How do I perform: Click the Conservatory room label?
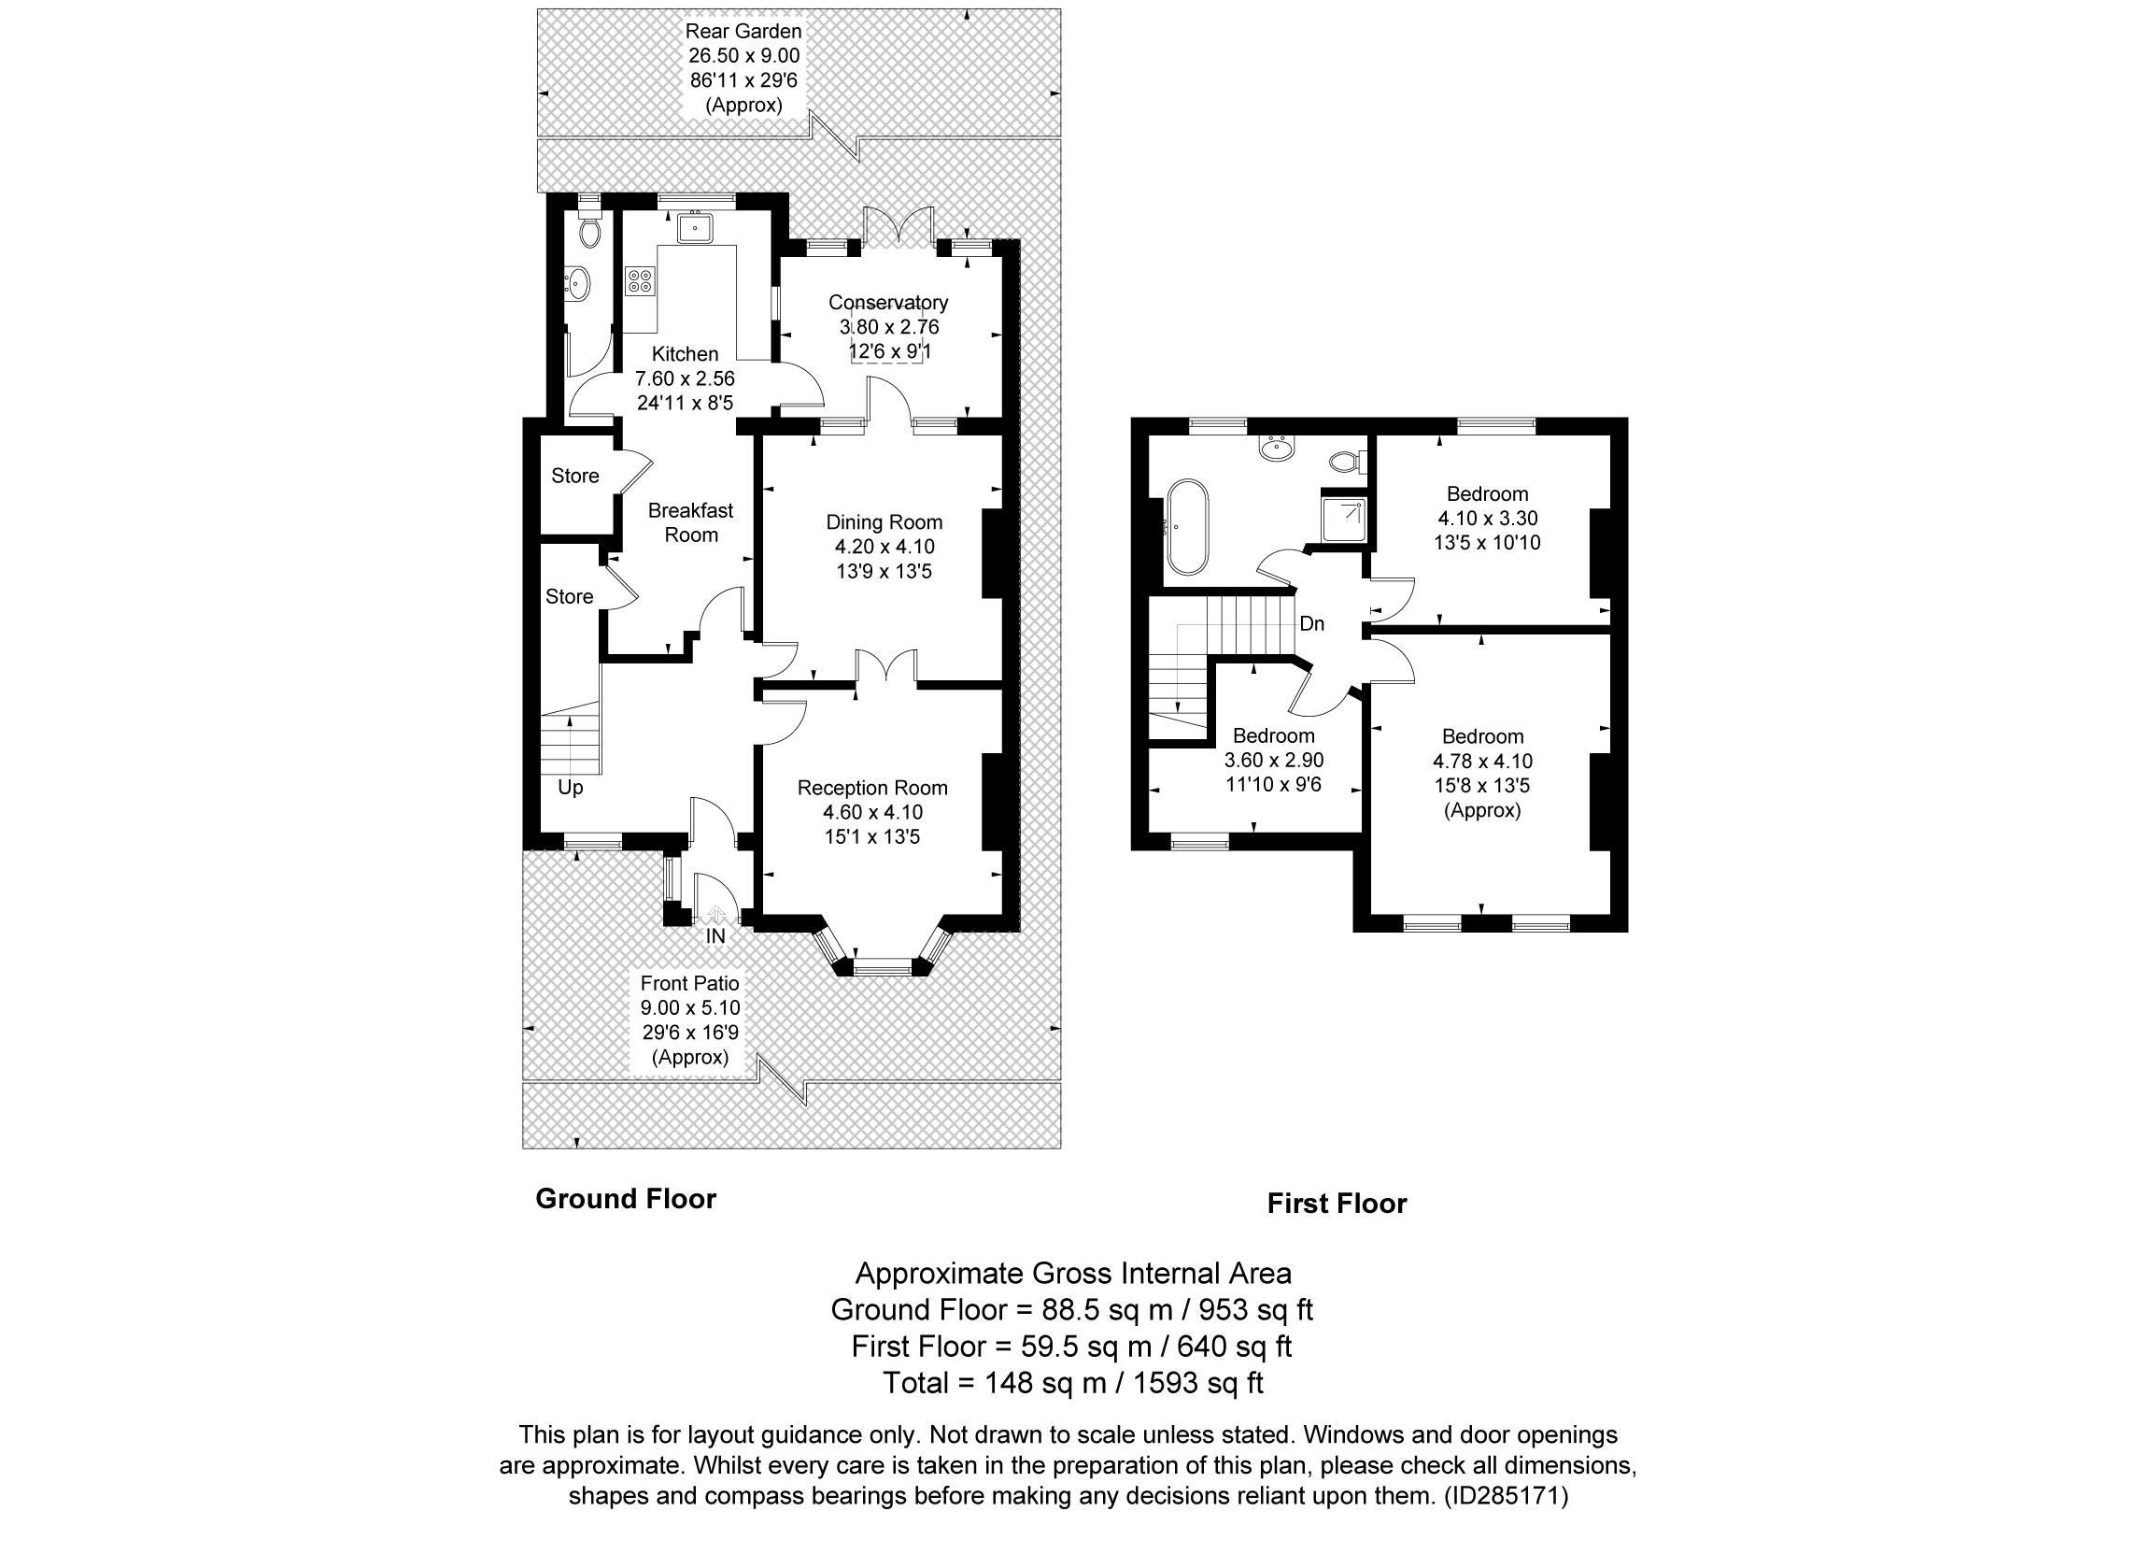coord(887,303)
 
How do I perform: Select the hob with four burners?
coord(639,280)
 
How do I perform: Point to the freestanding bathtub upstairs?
coord(1187,527)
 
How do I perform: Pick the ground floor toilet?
coord(589,232)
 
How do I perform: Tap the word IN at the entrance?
coord(715,936)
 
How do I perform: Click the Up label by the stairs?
coord(570,788)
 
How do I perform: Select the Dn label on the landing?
coord(1311,624)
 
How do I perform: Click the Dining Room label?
coord(884,521)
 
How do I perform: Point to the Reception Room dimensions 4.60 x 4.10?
coord(872,812)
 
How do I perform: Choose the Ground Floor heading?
coord(626,1199)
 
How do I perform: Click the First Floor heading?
coord(1337,1204)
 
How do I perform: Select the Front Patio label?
coord(689,983)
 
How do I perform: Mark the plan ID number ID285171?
coord(1507,1496)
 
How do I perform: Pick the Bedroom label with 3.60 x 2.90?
coord(1274,735)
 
